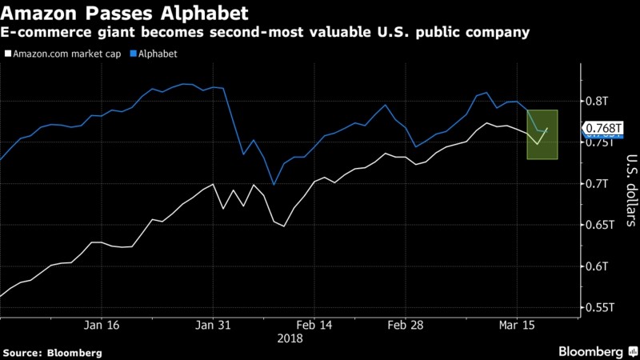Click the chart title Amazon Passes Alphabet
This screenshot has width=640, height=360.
click(x=125, y=14)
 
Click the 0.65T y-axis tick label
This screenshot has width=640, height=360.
click(x=600, y=225)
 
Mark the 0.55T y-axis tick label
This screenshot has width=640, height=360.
click(x=600, y=307)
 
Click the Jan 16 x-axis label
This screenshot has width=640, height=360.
click(x=102, y=325)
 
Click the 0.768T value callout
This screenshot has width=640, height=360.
click(x=603, y=128)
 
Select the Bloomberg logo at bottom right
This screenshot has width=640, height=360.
click(x=590, y=351)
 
